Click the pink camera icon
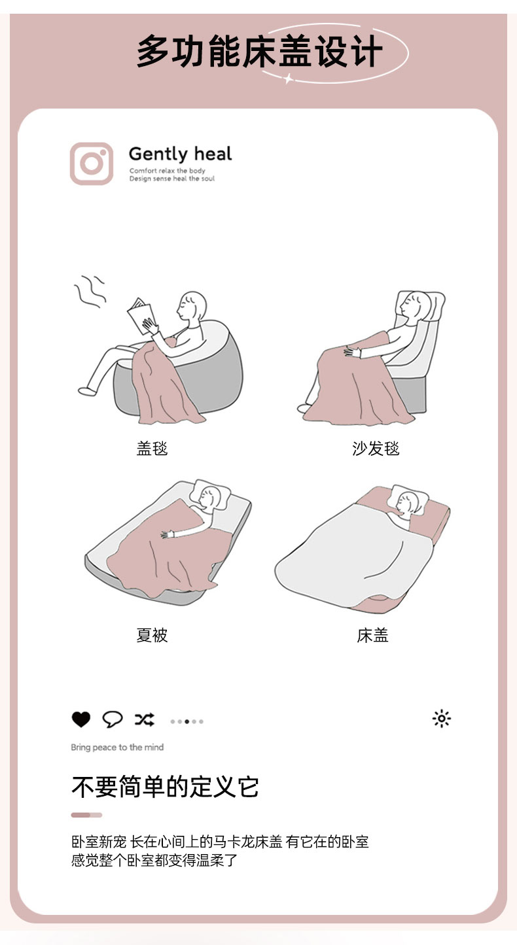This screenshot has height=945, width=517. click(x=92, y=163)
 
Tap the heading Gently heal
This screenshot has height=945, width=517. click(x=180, y=154)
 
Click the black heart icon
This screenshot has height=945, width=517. click(x=81, y=719)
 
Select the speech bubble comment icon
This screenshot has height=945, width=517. click(x=113, y=719)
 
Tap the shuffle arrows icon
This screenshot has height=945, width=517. click(x=145, y=719)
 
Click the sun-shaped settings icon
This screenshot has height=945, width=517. click(x=442, y=719)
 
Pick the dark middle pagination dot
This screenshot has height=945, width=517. click(x=187, y=721)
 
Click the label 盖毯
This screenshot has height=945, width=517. click(x=152, y=448)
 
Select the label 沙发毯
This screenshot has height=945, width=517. click(x=376, y=448)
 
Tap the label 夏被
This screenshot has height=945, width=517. click(x=152, y=635)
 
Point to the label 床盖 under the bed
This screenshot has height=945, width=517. click(x=372, y=635)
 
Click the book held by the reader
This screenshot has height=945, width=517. click(x=141, y=316)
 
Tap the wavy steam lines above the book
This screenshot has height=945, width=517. click(x=90, y=291)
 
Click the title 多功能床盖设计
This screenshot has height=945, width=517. click(x=259, y=52)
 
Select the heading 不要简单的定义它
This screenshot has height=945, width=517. click(x=165, y=787)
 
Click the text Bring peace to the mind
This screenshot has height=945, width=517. click(x=117, y=747)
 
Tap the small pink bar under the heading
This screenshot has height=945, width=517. click(x=86, y=815)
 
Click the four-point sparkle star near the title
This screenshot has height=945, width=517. click(x=288, y=78)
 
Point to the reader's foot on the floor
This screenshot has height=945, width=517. click(x=87, y=391)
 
